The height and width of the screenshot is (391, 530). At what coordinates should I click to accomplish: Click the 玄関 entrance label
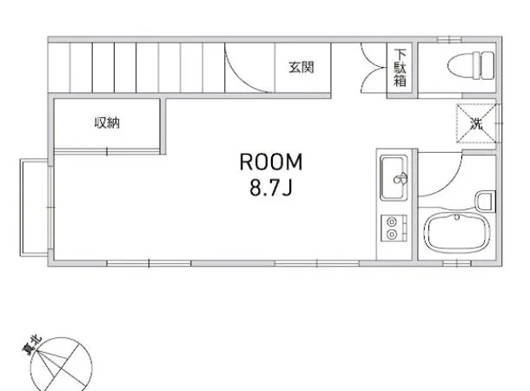click(x=301, y=67)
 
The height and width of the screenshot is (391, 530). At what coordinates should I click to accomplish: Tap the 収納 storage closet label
click(x=107, y=123)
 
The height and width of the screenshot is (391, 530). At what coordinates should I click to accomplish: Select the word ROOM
click(x=271, y=162)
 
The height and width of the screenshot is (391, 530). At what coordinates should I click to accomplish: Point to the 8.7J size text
click(x=271, y=188)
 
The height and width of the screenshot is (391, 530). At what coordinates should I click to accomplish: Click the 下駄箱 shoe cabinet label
click(x=400, y=68)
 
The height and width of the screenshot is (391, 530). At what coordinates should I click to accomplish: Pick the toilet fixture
click(x=471, y=65)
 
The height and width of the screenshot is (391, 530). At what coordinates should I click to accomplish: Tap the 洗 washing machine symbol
click(x=477, y=123)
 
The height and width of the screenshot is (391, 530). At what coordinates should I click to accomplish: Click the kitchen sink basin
click(x=394, y=177)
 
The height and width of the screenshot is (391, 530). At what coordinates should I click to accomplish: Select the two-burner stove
click(x=394, y=229)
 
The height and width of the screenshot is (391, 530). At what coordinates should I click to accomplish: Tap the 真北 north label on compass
click(x=32, y=345)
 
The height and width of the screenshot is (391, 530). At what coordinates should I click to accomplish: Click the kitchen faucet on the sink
click(x=401, y=178)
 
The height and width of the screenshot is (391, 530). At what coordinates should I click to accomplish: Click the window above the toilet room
click(x=449, y=40)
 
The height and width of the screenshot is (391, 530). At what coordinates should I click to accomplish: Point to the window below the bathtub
click(x=457, y=263)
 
